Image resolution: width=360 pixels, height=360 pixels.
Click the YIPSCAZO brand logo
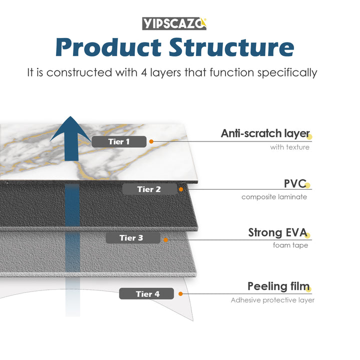click(174, 23)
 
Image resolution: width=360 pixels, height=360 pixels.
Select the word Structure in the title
click(231, 47)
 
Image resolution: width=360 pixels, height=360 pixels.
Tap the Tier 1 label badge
click(119, 141)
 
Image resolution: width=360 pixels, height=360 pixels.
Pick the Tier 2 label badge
click(149, 189)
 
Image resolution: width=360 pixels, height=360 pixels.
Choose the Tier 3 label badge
click(132, 237)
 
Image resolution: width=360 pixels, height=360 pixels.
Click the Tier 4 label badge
click(146, 293)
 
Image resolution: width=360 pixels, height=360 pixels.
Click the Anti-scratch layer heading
click(265, 133)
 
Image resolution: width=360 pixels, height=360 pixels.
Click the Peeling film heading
click(277, 286)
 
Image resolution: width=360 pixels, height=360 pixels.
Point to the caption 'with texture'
click(289, 147)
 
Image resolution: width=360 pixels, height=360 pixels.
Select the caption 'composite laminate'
click(274, 196)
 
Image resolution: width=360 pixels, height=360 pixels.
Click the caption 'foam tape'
click(290, 245)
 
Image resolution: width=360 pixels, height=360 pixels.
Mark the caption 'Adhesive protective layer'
click(272, 300)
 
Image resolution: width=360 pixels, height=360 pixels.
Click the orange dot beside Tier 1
click(151, 141)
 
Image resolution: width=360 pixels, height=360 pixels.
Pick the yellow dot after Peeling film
click(308, 288)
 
